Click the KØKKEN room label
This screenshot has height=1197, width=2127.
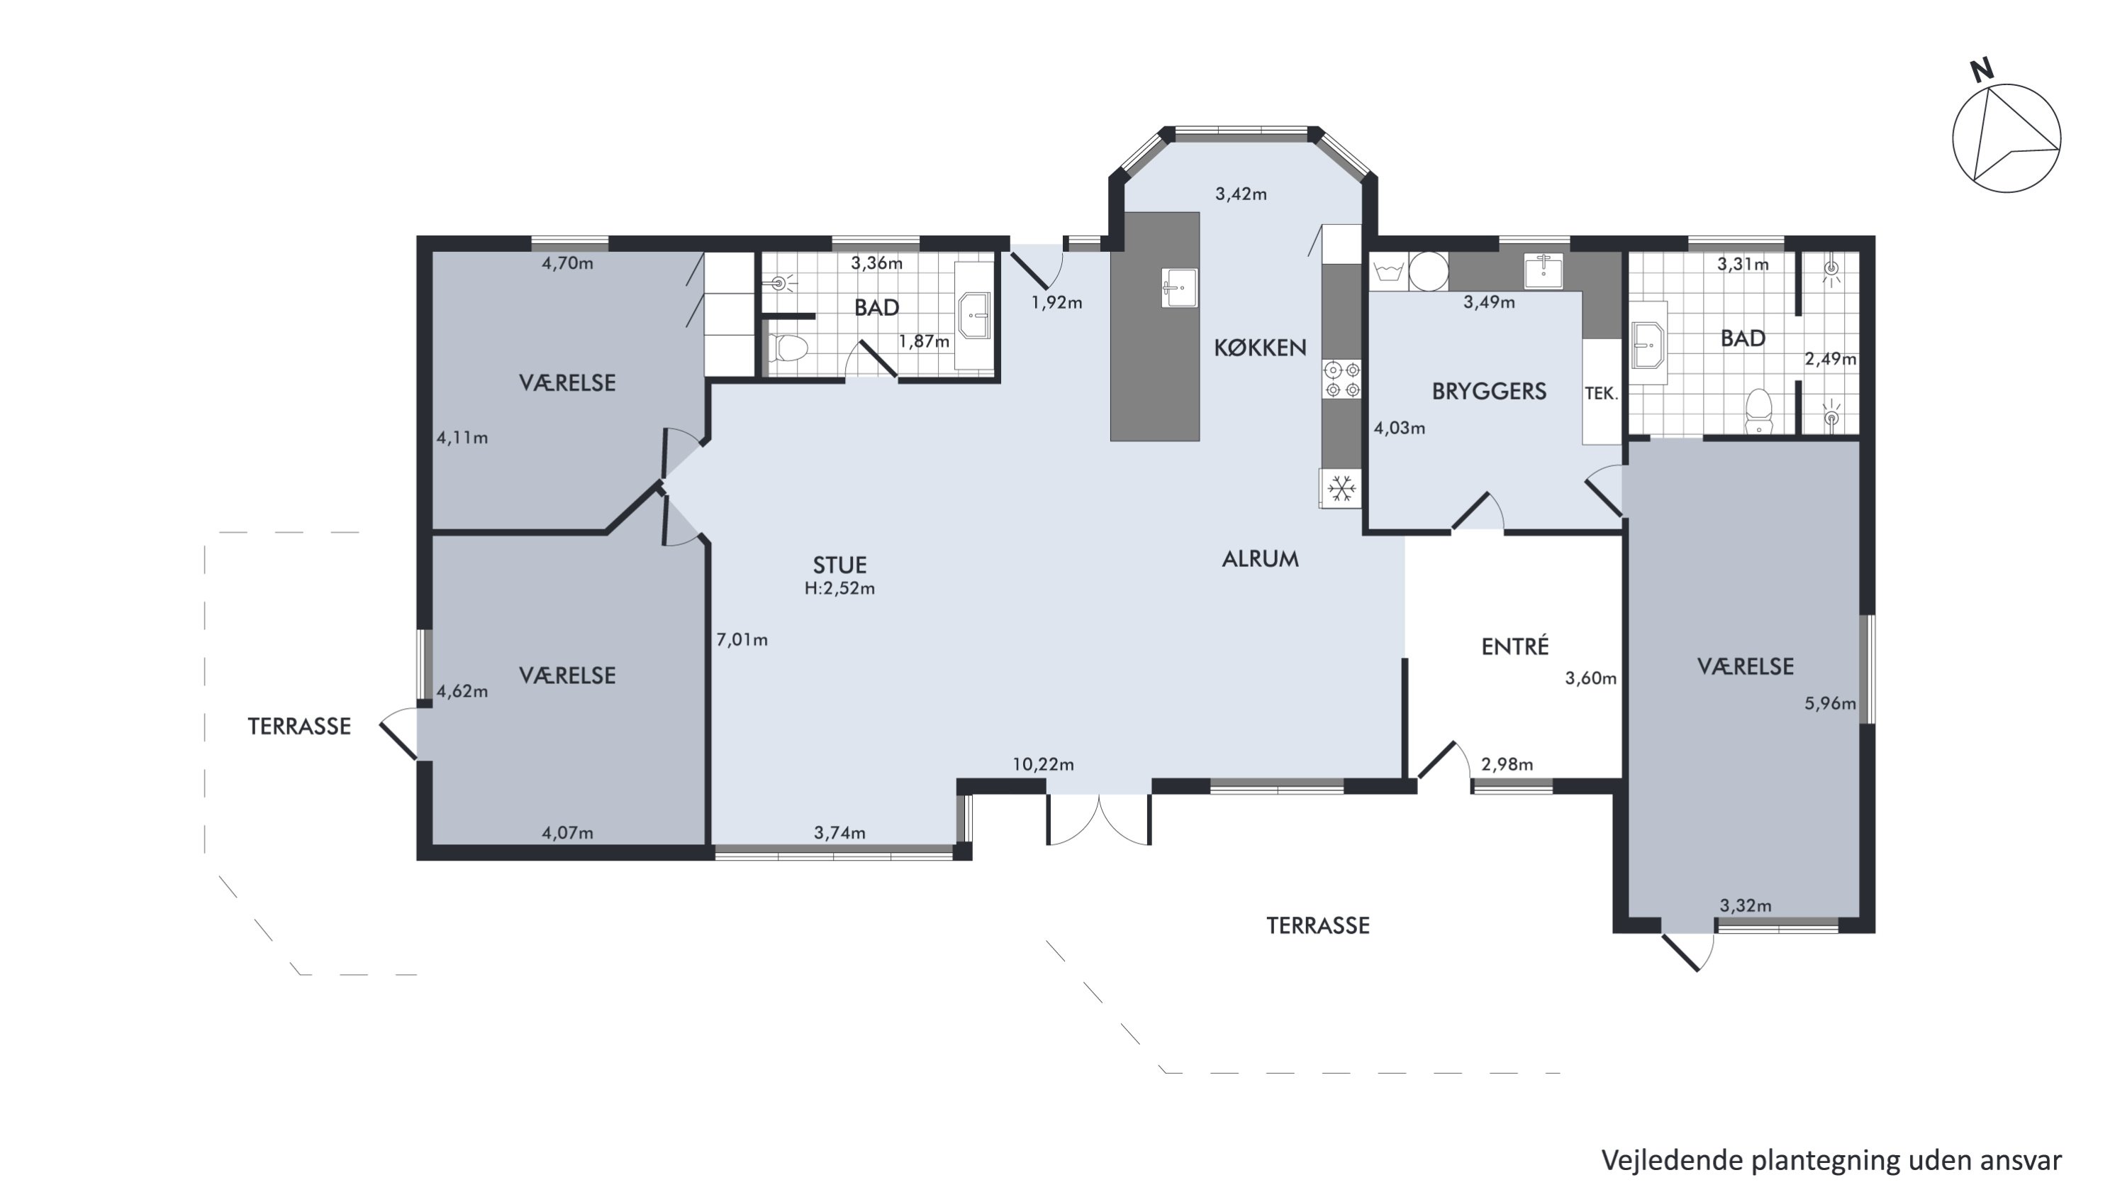coord(1260,348)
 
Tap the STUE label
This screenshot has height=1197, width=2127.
coord(839,565)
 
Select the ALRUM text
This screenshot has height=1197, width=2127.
coord(1260,559)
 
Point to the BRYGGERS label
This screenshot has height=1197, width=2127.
coord(1489,392)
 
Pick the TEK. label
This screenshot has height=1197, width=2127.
coord(1601,394)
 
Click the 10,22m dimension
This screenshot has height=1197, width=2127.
coord(1044,765)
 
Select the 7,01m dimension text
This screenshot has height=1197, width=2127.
coord(742,639)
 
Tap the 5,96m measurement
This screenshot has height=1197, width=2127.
coord(1830,704)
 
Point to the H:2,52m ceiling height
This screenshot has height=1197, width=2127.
coord(839,589)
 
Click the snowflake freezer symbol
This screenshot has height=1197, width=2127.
coord(1341,488)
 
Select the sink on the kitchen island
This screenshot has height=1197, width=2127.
coord(1179,287)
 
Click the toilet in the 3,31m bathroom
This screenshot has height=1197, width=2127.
coord(1760,412)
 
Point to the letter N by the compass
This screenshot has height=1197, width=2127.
coord(1982,71)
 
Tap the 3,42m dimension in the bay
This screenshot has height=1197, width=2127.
coord(1240,195)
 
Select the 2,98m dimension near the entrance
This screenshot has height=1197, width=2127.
coord(1507,765)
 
